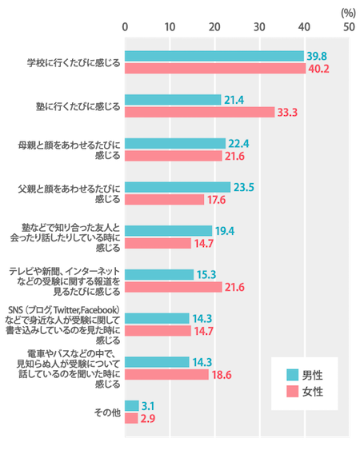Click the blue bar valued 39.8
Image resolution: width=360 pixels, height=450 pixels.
pyautogui.click(x=214, y=56)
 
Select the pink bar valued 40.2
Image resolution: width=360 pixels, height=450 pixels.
pyautogui.click(x=215, y=69)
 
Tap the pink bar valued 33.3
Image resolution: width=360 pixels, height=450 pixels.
pyautogui.click(x=200, y=112)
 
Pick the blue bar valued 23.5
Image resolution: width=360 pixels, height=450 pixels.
pyautogui.click(x=178, y=187)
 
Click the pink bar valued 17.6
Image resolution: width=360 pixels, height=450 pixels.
pyautogui.click(x=164, y=200)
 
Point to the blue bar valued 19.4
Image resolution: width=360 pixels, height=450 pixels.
pyautogui.click(x=168, y=231)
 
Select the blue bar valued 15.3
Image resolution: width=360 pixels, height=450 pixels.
pyautogui.click(x=159, y=275)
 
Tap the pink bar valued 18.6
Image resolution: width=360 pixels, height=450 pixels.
pyautogui.click(x=166, y=375)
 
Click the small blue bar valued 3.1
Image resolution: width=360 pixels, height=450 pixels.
pyautogui.click(x=131, y=406)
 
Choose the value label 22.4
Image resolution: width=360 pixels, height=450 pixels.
pyautogui.click(x=238, y=144)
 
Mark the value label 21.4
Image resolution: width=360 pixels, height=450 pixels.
pyautogui.click(x=234, y=100)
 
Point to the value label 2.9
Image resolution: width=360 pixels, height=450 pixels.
pyautogui.click(x=148, y=419)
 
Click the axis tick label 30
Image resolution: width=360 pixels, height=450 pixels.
pyautogui.click(x=259, y=27)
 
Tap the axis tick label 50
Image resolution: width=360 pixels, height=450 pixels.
pyautogui.click(x=349, y=27)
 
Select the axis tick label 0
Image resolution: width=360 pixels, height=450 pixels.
pyautogui.click(x=125, y=27)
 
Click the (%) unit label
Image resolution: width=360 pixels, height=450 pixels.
pyautogui.click(x=348, y=14)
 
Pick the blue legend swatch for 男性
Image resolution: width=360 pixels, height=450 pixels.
pyautogui.click(x=292, y=375)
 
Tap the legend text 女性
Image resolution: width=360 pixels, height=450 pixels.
pyautogui.click(x=313, y=392)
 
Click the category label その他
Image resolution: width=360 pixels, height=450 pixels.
pyautogui.click(x=107, y=412)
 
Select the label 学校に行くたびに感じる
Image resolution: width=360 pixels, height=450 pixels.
pyautogui.click(x=74, y=62)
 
